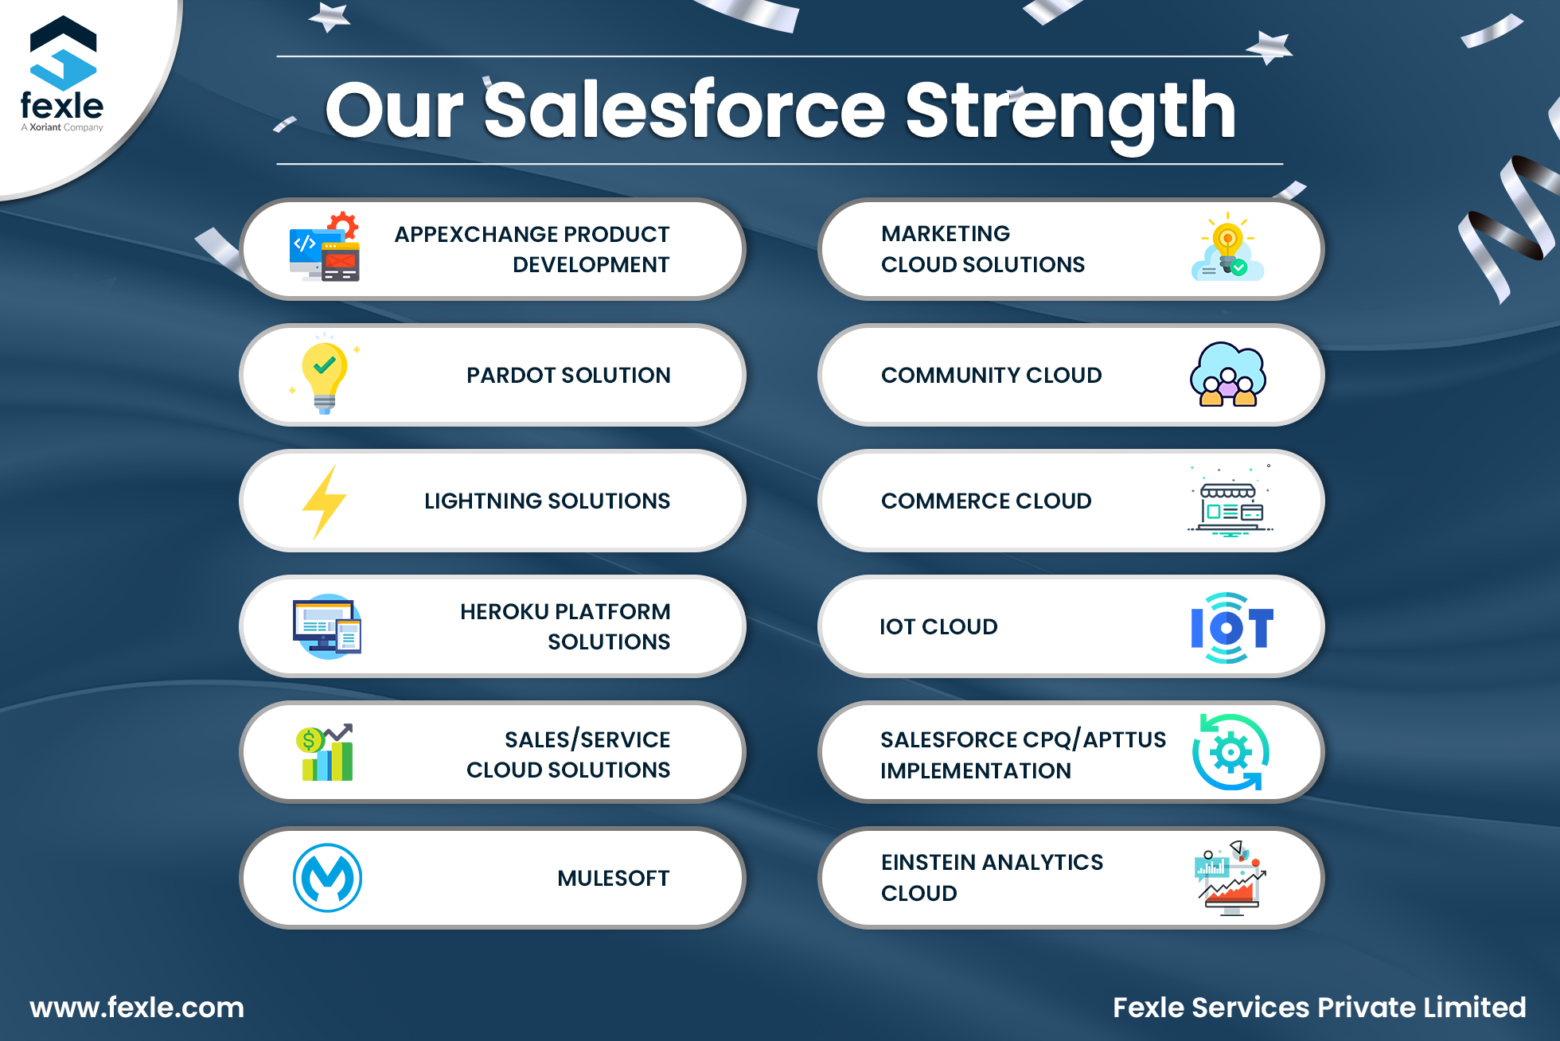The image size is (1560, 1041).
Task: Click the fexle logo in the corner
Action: click(x=62, y=74)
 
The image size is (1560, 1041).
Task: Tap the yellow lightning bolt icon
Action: click(x=325, y=502)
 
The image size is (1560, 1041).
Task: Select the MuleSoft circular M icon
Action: click(x=327, y=878)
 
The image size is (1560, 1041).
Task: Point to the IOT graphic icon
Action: click(x=1232, y=628)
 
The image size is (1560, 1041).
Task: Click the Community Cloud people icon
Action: click(x=1228, y=375)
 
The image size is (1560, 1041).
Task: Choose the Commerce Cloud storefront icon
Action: click(x=1230, y=501)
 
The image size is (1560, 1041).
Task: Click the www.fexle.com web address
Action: click(x=137, y=1008)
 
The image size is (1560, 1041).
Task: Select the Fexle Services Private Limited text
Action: click(x=1319, y=1008)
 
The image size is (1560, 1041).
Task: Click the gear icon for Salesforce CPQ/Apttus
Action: click(x=1231, y=752)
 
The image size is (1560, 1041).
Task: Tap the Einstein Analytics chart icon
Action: click(x=1230, y=878)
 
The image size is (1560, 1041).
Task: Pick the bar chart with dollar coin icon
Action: click(x=326, y=752)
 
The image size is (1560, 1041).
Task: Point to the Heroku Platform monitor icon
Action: click(x=327, y=626)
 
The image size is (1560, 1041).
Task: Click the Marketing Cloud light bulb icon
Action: click(x=1227, y=247)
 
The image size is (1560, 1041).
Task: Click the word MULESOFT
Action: click(x=614, y=879)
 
